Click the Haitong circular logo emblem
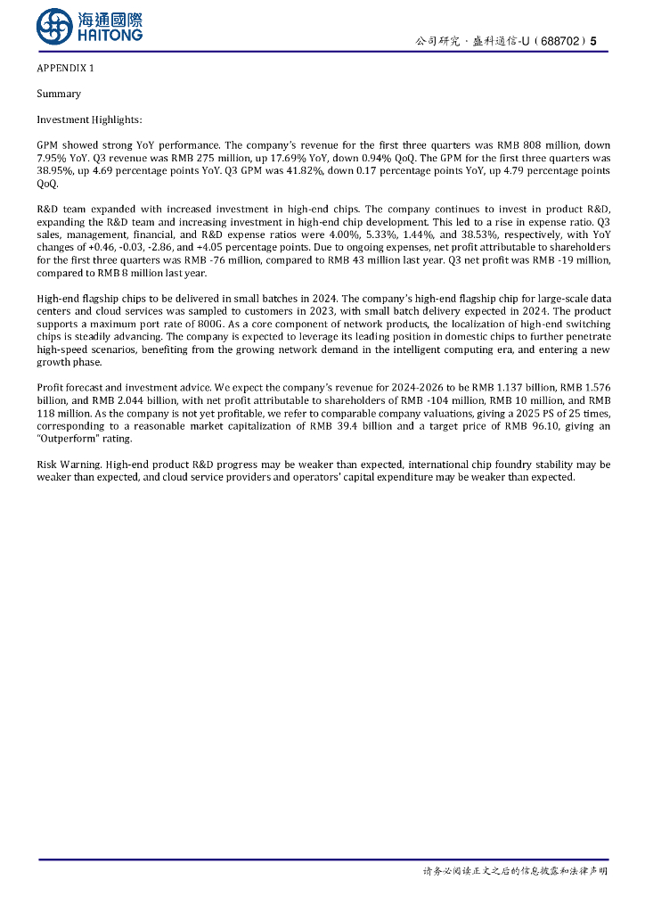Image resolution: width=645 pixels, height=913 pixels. point(54,27)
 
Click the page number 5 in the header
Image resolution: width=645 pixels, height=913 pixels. point(593,42)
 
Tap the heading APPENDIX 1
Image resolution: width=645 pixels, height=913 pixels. point(65,69)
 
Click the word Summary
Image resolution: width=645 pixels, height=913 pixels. point(59,94)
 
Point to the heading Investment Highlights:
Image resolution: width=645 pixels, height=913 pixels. point(89,119)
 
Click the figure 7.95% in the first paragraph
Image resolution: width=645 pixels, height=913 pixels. point(53,158)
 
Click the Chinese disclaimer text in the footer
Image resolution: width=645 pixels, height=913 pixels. point(515,870)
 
